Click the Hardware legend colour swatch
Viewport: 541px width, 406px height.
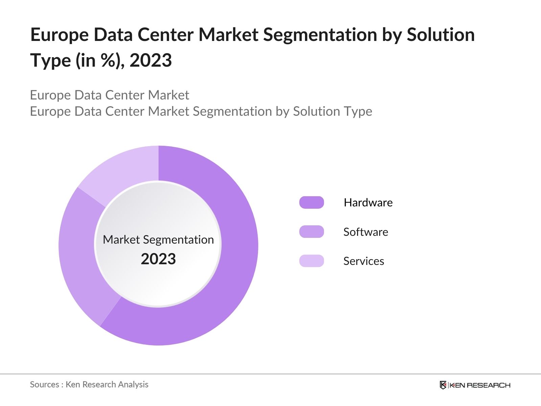tap(311, 202)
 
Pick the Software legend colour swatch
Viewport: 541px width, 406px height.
tap(311, 232)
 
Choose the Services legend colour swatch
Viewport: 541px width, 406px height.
tap(311, 261)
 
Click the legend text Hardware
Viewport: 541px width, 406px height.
tap(368, 202)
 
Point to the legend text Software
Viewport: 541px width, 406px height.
tap(366, 232)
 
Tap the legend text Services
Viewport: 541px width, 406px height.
tap(363, 261)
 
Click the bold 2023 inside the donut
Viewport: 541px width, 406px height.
tap(158, 259)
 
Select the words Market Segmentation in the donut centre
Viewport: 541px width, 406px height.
tap(158, 240)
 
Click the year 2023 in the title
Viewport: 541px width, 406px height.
tap(150, 60)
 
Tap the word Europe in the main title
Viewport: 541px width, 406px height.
tap(60, 35)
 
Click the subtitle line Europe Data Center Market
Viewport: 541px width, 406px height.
tap(109, 95)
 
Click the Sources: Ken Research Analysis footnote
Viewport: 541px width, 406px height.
tap(89, 384)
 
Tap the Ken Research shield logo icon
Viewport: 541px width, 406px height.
tap(443, 385)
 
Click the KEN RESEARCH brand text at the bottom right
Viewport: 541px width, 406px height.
tap(480, 385)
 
